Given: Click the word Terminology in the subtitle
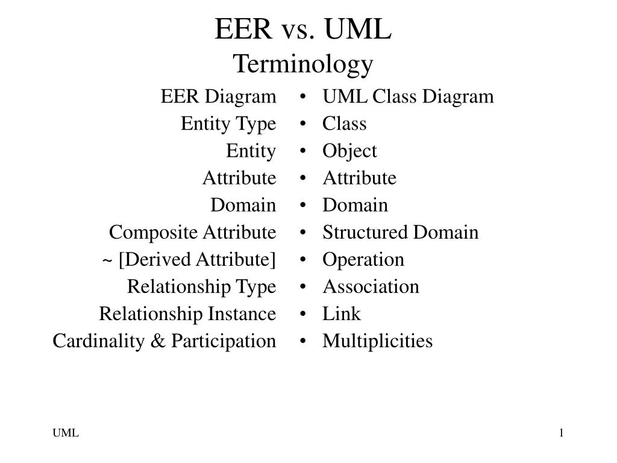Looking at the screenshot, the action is (303, 64).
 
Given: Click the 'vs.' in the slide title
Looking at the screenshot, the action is (298, 30).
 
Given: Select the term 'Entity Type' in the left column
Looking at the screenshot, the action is (228, 124).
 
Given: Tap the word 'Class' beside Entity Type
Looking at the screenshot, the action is (344, 124).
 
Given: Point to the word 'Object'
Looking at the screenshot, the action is (349, 151).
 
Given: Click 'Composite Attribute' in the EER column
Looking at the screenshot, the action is (192, 233).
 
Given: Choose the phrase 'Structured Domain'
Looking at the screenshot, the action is (401, 232).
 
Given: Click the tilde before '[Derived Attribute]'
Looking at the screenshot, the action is (107, 260).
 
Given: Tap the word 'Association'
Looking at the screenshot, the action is (371, 286).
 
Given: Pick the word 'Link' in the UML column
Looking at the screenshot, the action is (342, 313).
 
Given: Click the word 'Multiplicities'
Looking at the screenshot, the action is (378, 341).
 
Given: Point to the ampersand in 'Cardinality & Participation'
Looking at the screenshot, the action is (157, 341).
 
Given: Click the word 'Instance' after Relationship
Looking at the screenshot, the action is (242, 313).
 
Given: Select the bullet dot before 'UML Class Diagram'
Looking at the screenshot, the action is (302, 97).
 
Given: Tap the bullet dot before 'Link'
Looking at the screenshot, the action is (302, 314).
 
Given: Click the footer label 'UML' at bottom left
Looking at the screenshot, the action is (66, 433).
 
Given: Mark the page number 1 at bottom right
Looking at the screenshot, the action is (562, 433).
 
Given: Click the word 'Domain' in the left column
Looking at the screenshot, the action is (243, 205).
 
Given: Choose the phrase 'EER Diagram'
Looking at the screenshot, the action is (218, 97).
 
